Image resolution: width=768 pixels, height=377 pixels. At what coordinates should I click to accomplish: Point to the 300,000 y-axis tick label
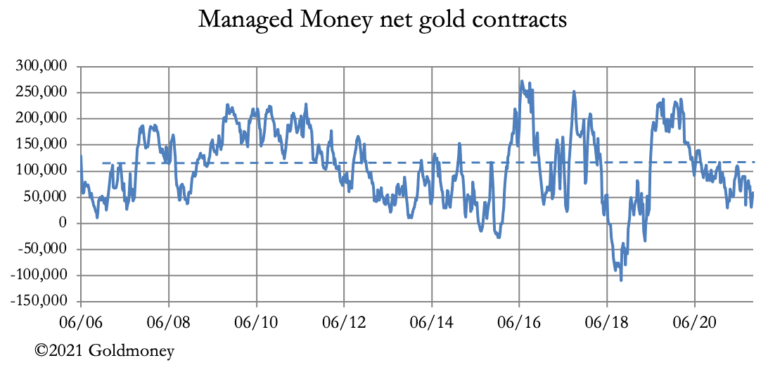coord(42,66)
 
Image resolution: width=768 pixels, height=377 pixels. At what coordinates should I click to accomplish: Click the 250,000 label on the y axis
coord(42,92)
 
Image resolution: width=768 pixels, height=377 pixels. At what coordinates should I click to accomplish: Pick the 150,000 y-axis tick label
coord(42,144)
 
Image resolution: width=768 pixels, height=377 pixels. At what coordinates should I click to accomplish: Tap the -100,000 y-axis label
coord(39,275)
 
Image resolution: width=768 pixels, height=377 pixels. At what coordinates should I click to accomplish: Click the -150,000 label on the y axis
coord(39,301)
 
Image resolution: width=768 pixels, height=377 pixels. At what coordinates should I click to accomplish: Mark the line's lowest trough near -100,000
coord(621,280)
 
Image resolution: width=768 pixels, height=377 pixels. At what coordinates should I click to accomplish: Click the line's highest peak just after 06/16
coord(522,81)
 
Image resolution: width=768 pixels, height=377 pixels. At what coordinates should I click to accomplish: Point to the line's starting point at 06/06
coord(81,156)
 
